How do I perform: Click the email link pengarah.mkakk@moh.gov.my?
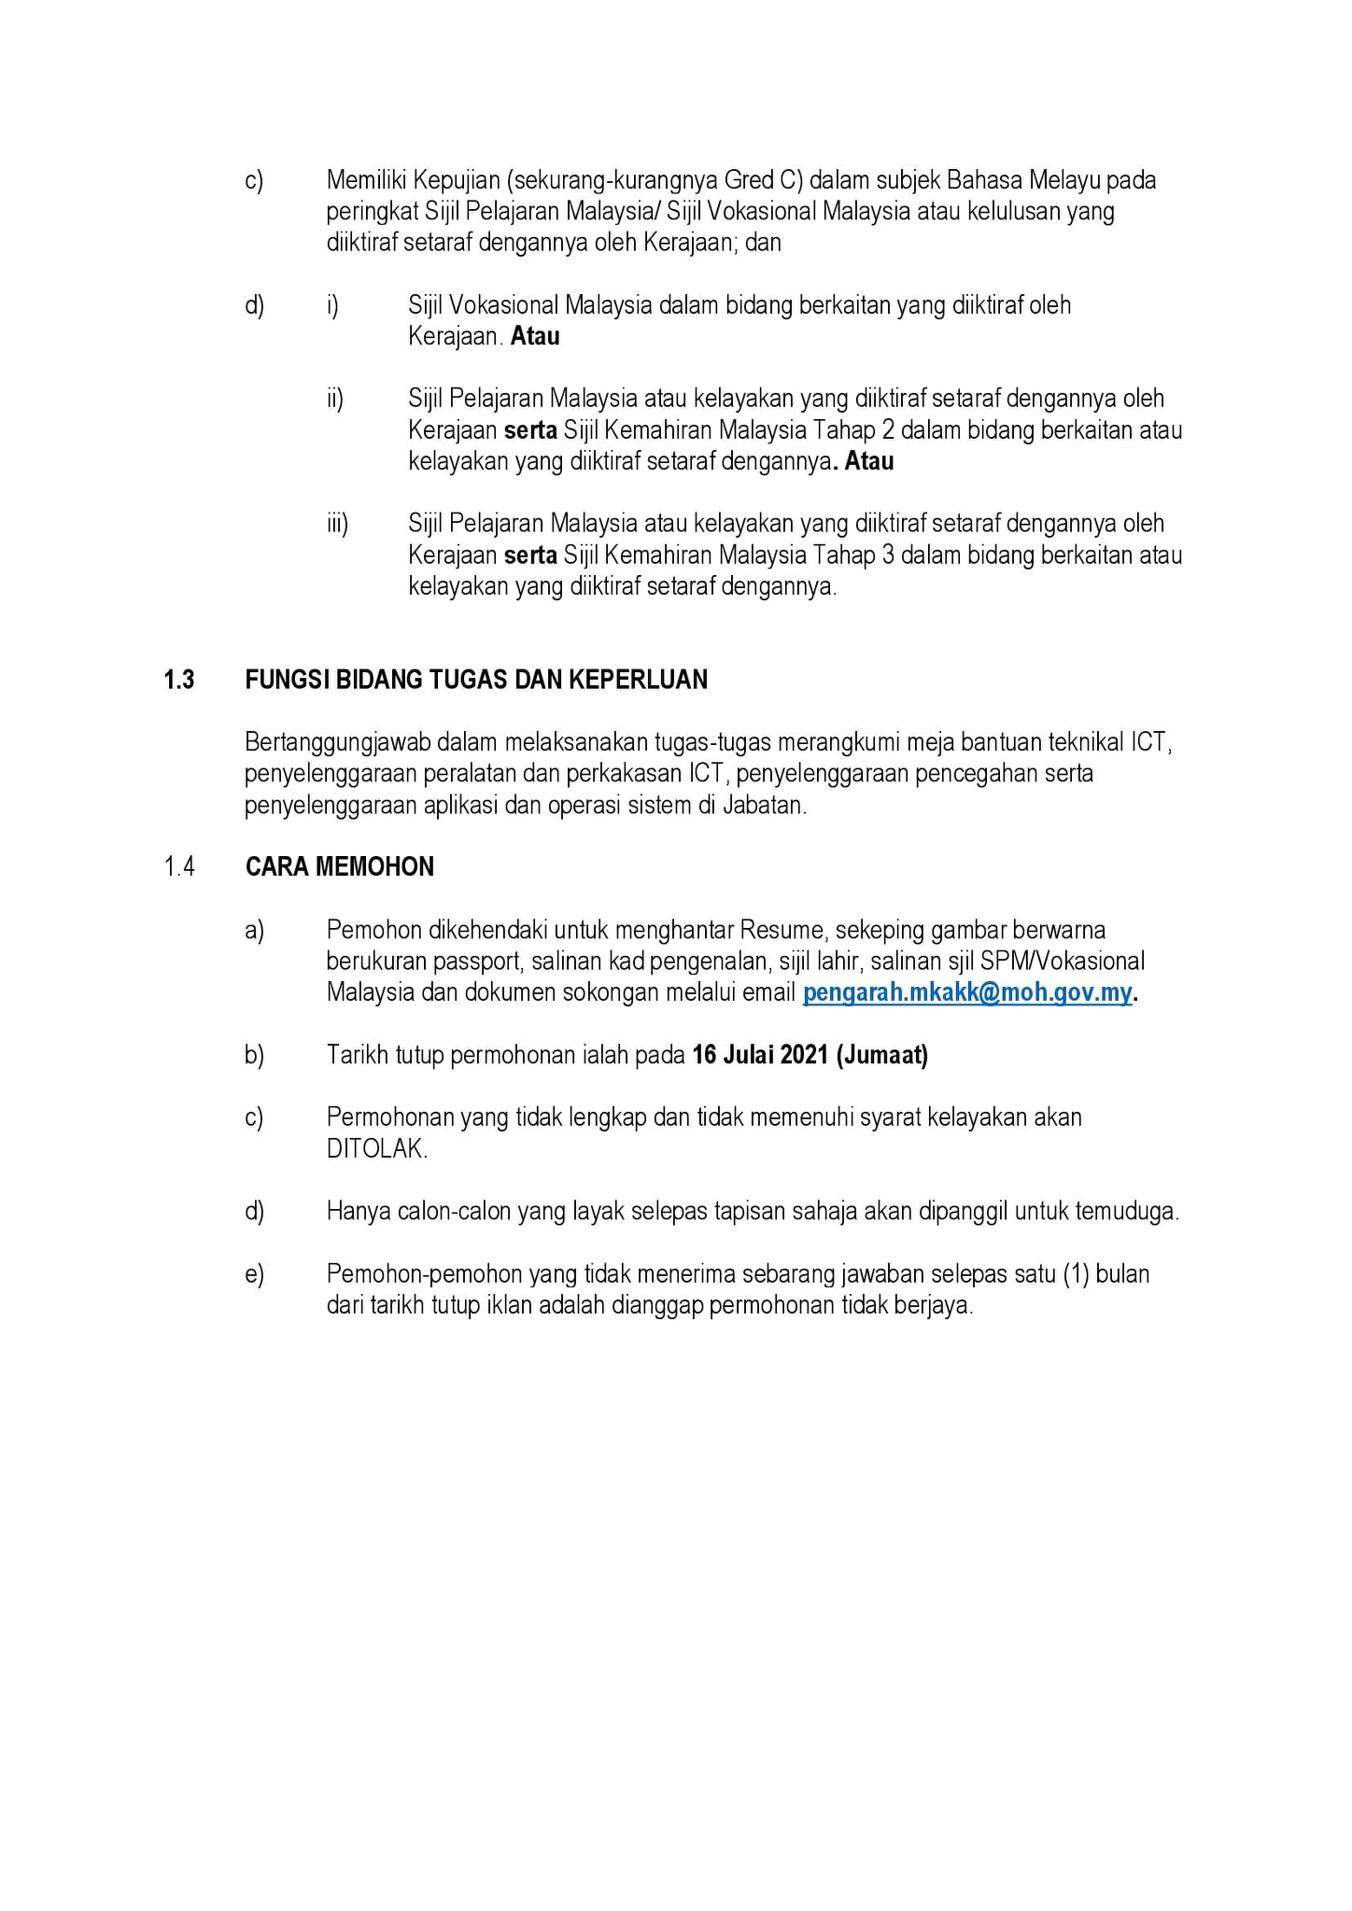tap(967, 992)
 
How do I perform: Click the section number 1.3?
tap(178, 680)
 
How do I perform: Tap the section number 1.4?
tap(178, 867)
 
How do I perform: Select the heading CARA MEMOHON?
tap(340, 867)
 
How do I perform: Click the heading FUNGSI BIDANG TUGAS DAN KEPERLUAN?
tap(476, 680)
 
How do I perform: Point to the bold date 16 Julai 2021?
tap(760, 1055)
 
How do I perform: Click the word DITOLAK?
tap(376, 1149)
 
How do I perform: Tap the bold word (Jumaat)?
tap(882, 1055)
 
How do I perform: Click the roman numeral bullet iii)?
tap(337, 524)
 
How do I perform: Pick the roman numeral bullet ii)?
tap(335, 399)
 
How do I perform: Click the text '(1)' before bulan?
tap(1076, 1274)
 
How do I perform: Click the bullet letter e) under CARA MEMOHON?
tap(254, 1274)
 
